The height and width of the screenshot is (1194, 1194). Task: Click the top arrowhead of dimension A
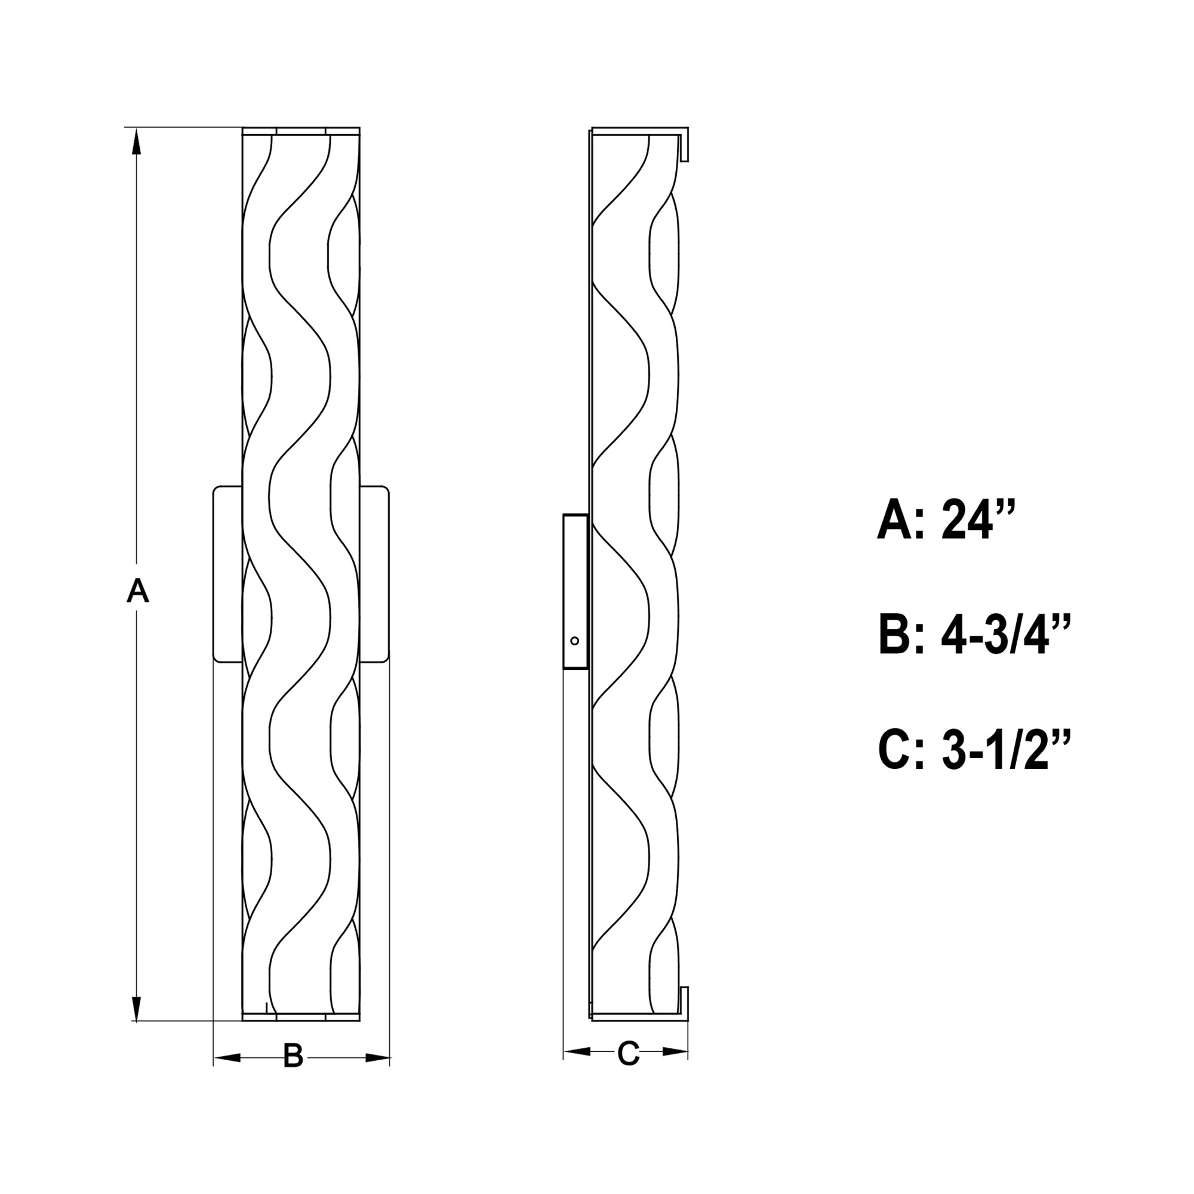point(137,141)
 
